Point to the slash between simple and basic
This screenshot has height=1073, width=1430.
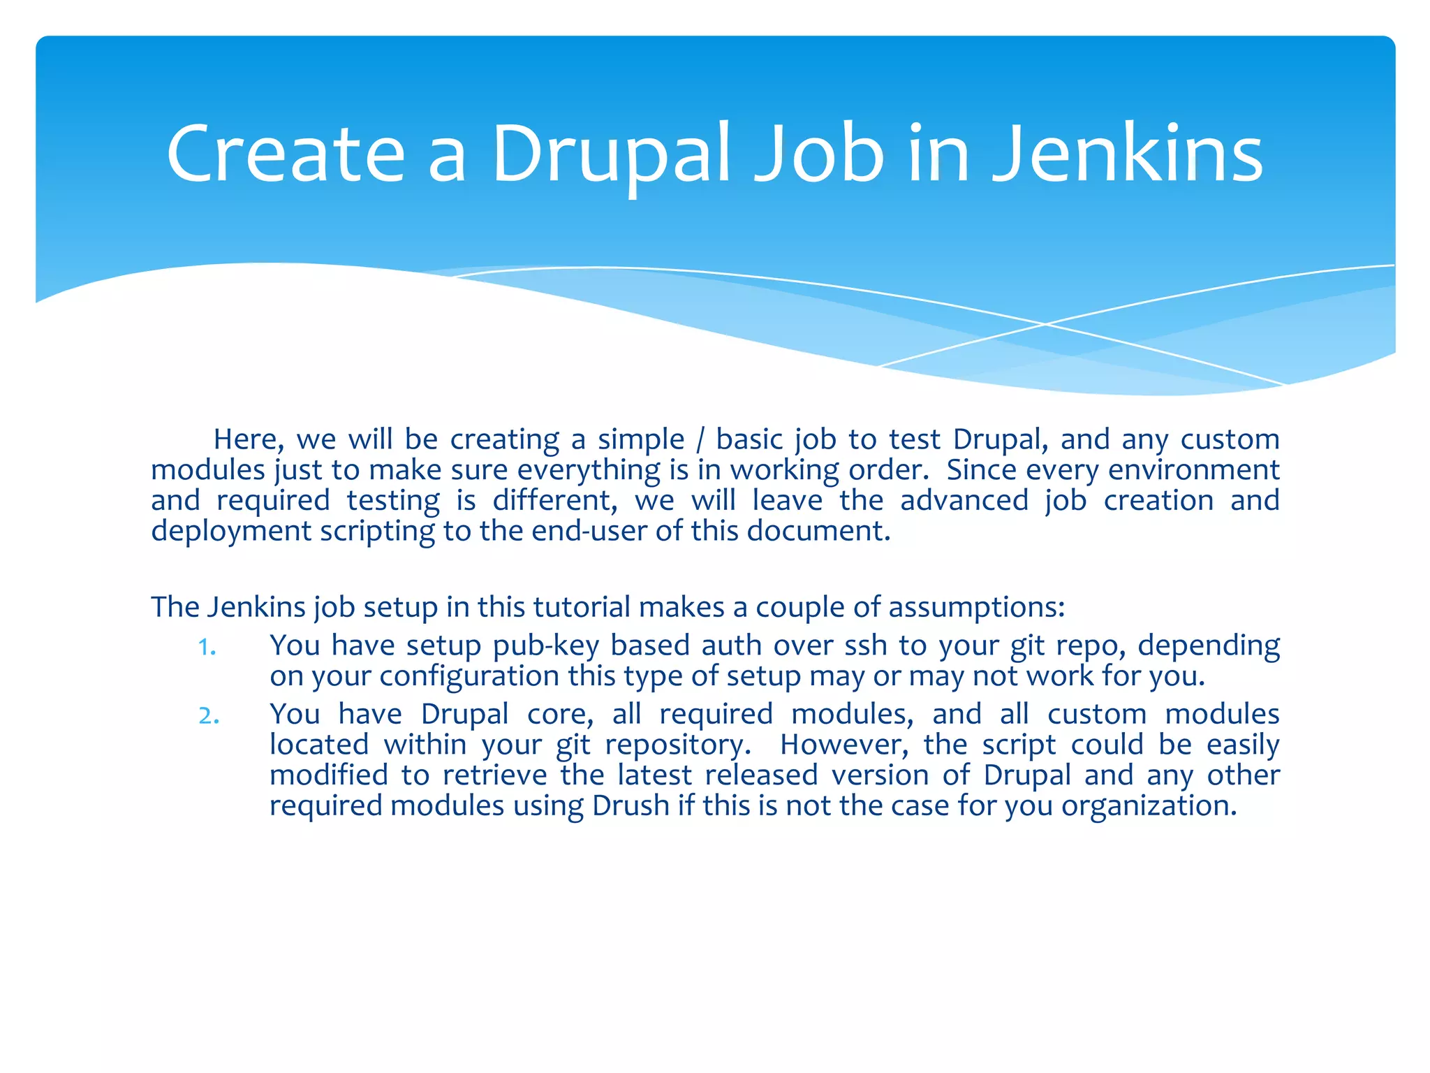coord(700,440)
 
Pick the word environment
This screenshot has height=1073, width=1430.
coord(1193,470)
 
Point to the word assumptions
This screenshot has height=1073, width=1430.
coord(975,608)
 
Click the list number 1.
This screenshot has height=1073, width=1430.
coord(207,647)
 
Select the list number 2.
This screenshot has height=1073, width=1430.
coord(208,716)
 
